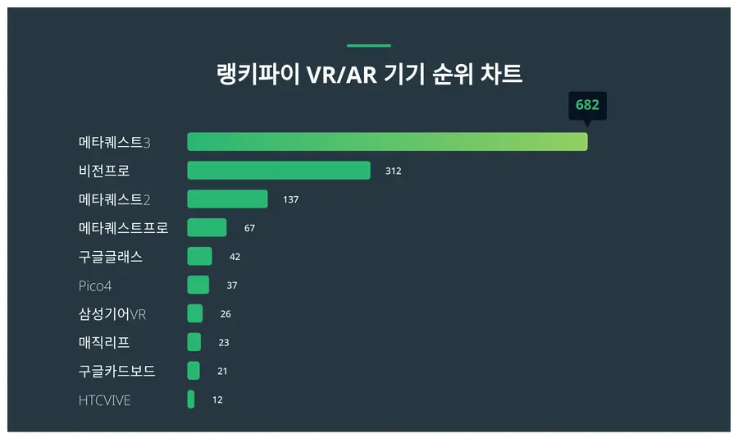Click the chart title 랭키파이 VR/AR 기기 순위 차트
point(369,75)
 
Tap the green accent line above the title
point(369,46)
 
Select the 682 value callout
point(587,105)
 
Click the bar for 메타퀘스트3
point(387,142)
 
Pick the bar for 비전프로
point(279,171)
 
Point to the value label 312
point(393,171)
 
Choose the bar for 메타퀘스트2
point(227,199)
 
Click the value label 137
point(290,199)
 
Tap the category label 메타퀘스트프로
point(123,228)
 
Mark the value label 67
point(249,228)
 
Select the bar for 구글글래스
point(199,257)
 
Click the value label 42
point(235,257)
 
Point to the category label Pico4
point(95,285)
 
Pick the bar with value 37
point(198,285)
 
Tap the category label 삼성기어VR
point(112,314)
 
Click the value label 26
point(225,314)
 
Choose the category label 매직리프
point(104,343)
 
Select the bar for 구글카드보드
point(194,372)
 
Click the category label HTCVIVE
point(104,400)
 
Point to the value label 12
point(217,400)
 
